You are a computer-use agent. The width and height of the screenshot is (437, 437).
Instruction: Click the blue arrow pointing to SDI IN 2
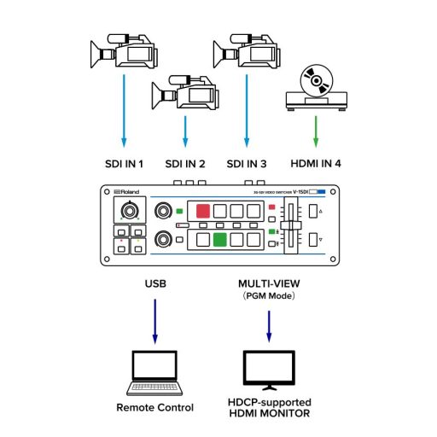tap(184, 133)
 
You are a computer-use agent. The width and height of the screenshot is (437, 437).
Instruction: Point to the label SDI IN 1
tap(124, 163)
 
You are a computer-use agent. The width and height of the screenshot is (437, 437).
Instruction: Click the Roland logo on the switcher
tap(127, 192)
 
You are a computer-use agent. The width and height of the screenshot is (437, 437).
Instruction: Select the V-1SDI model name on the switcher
tap(300, 192)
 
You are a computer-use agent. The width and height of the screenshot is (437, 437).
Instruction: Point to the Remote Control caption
tap(154, 408)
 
